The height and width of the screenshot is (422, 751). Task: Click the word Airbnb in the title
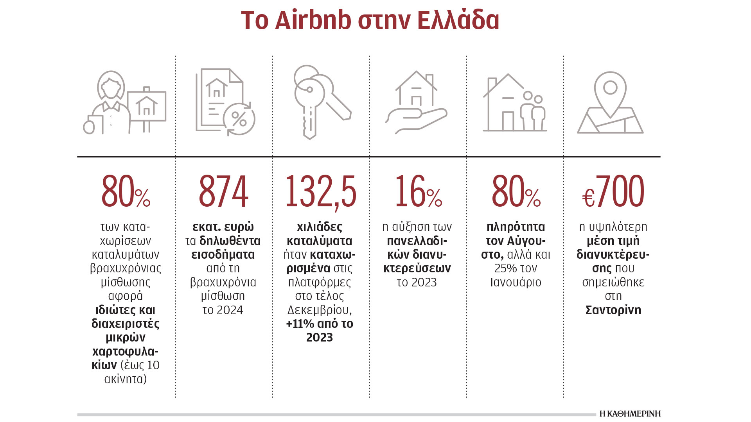tap(313, 20)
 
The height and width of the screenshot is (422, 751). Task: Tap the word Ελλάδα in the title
tap(458, 20)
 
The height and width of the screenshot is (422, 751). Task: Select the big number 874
tap(223, 191)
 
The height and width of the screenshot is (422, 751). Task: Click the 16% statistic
tap(418, 191)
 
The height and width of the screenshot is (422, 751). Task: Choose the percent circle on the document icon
tap(239, 119)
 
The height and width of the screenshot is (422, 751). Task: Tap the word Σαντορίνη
tap(613, 310)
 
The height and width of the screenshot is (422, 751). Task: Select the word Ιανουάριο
tap(516, 282)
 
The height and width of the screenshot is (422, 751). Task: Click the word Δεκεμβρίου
tap(319, 310)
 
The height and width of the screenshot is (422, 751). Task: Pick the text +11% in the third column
tap(300, 324)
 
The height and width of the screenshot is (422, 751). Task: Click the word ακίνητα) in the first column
tap(126, 379)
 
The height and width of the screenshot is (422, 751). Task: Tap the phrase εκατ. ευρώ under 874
tap(223, 227)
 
